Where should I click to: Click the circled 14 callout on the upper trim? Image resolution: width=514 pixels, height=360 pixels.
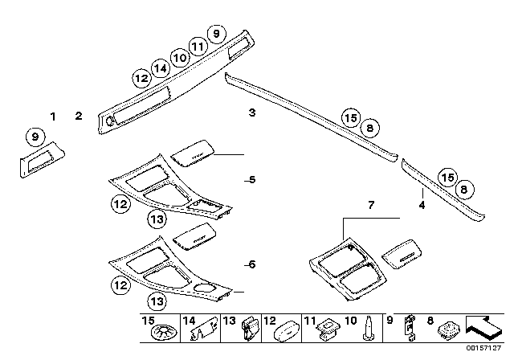[x=161, y=69]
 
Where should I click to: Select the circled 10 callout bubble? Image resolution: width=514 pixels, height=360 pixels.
[x=179, y=58]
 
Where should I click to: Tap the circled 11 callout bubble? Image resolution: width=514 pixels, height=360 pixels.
[x=198, y=46]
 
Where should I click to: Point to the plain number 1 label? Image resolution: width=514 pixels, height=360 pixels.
[x=54, y=117]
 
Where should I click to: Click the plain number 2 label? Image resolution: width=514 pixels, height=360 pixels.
[x=79, y=117]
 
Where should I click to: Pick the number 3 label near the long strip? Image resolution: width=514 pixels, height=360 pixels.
[x=251, y=113]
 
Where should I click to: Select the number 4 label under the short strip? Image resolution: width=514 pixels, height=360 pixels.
[x=421, y=205]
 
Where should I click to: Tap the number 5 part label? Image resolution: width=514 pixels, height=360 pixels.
[x=251, y=180]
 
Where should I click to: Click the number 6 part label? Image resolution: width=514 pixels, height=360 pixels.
[x=251, y=264]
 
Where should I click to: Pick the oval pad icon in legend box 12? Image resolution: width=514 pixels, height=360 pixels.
[x=288, y=329]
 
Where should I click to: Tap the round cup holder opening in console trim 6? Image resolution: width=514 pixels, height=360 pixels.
[x=204, y=290]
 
